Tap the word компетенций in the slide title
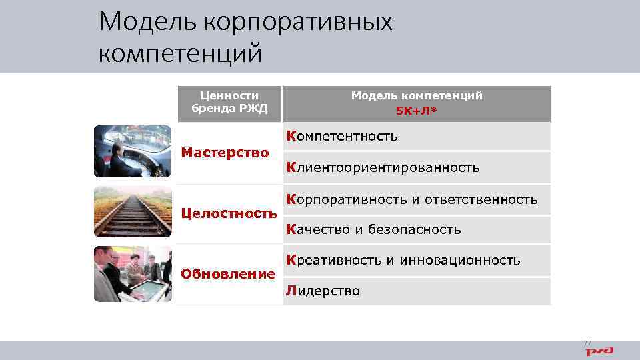click(x=180, y=53)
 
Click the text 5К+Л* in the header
click(x=417, y=110)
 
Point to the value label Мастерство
click(x=225, y=153)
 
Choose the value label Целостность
click(x=229, y=213)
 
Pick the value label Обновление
click(x=228, y=274)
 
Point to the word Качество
click(x=317, y=230)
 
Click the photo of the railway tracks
click(x=133, y=212)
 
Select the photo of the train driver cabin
click(x=133, y=151)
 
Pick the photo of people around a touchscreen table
click(x=133, y=274)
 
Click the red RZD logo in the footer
click(x=600, y=350)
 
